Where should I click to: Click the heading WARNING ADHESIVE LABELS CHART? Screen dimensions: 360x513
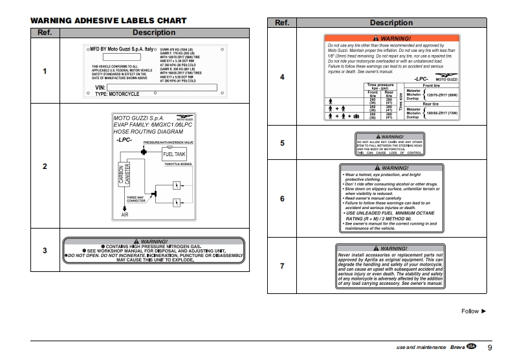click(108, 21)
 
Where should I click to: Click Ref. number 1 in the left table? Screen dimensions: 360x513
click(45, 71)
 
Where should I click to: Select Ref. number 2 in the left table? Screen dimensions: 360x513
click(45, 167)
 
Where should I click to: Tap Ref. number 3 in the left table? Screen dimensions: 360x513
click(45, 251)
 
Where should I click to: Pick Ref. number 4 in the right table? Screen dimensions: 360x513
click(282, 77)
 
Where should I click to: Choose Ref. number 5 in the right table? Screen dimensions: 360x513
click(282, 143)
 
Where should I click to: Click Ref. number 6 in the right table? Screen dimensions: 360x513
click(282, 199)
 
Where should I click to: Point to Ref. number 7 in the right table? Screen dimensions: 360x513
click(282, 265)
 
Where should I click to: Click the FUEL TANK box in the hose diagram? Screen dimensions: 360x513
click(174, 154)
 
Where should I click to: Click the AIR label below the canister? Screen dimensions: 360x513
click(125, 214)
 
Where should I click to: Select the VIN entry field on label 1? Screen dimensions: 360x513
click(161, 87)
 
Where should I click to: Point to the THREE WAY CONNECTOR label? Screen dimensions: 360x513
click(136, 199)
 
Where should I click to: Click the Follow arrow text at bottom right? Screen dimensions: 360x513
click(474, 311)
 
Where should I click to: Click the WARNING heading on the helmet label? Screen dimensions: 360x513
click(391, 168)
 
